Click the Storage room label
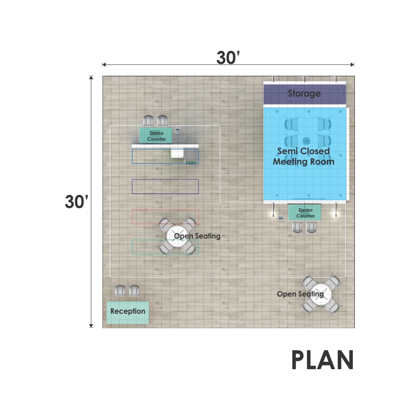tap(304, 94)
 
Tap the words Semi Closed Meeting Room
tap(304, 156)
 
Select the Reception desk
tap(128, 312)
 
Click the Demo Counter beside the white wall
tap(156, 136)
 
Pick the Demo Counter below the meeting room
tap(305, 213)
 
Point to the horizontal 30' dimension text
tap(228, 57)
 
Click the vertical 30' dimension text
tap(76, 202)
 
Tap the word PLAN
tap(323, 360)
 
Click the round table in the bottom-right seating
tap(320, 294)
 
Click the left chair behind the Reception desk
tap(120, 290)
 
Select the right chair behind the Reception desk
tap(134, 290)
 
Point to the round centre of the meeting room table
tap(306, 141)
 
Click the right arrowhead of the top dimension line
tap(352, 65)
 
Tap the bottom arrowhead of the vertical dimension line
tap(91, 326)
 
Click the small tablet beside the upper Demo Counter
tap(178, 131)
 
